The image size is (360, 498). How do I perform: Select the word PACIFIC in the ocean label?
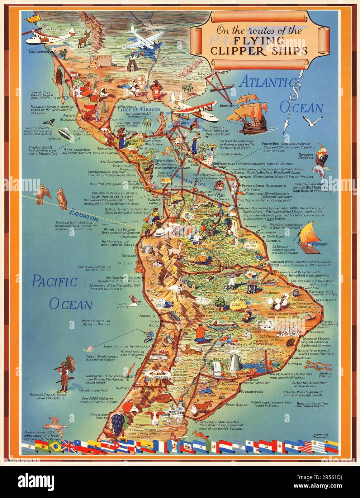coord(55,282)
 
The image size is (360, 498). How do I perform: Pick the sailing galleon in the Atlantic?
coord(247,113)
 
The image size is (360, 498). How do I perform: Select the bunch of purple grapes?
coord(117,424)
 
